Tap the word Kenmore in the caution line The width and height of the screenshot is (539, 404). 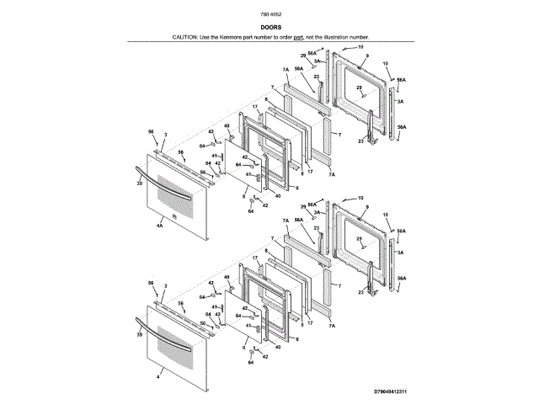(244, 38)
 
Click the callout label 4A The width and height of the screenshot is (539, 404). (159, 226)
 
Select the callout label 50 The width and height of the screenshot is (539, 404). (202, 323)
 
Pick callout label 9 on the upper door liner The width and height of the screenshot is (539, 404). (366, 56)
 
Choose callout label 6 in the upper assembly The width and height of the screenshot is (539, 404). (296, 188)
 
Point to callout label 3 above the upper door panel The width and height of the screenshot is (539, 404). (165, 135)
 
